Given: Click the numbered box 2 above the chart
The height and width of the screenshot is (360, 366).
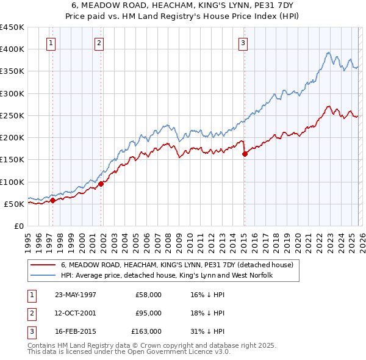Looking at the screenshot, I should [99, 43].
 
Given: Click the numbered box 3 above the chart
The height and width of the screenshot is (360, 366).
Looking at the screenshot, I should [243, 43].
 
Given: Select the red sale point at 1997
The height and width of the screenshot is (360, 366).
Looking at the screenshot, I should [53, 200].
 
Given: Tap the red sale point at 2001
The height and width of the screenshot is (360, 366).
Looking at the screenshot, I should [101, 184].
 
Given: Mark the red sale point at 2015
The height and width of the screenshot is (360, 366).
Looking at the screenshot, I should [245, 154].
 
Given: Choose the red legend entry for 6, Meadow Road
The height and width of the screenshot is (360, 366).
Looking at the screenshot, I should [177, 265].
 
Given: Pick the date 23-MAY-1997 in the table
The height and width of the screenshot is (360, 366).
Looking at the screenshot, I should [76, 295].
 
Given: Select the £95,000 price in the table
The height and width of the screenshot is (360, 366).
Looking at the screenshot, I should [149, 313].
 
